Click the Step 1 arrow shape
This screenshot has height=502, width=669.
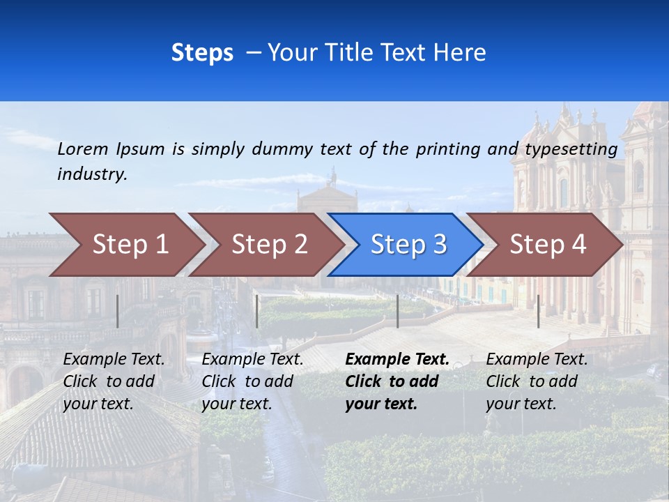pyautogui.click(x=130, y=245)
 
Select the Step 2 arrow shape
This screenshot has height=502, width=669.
pyautogui.click(x=269, y=245)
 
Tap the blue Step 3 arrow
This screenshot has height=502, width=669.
pyautogui.click(x=408, y=245)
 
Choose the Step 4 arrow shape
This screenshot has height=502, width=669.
pyautogui.click(x=548, y=245)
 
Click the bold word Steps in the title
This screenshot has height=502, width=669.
pyautogui.click(x=202, y=52)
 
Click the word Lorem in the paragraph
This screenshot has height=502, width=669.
pyautogui.click(x=83, y=149)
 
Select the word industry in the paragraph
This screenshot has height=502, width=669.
pyautogui.click(x=92, y=174)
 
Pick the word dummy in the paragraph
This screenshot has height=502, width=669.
pyautogui.click(x=283, y=149)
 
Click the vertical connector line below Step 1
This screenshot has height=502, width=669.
pyautogui.click(x=117, y=311)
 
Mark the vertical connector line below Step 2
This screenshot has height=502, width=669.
pyautogui.click(x=257, y=311)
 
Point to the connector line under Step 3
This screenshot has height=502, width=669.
pyautogui.click(x=397, y=311)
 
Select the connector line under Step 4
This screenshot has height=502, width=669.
pyautogui.click(x=538, y=311)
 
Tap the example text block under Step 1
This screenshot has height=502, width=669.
pyautogui.click(x=114, y=381)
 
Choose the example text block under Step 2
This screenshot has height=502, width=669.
pyautogui.click(x=252, y=381)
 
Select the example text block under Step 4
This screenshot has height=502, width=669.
pyautogui.click(x=537, y=381)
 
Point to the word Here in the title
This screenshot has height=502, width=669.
pyautogui.click(x=460, y=52)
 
